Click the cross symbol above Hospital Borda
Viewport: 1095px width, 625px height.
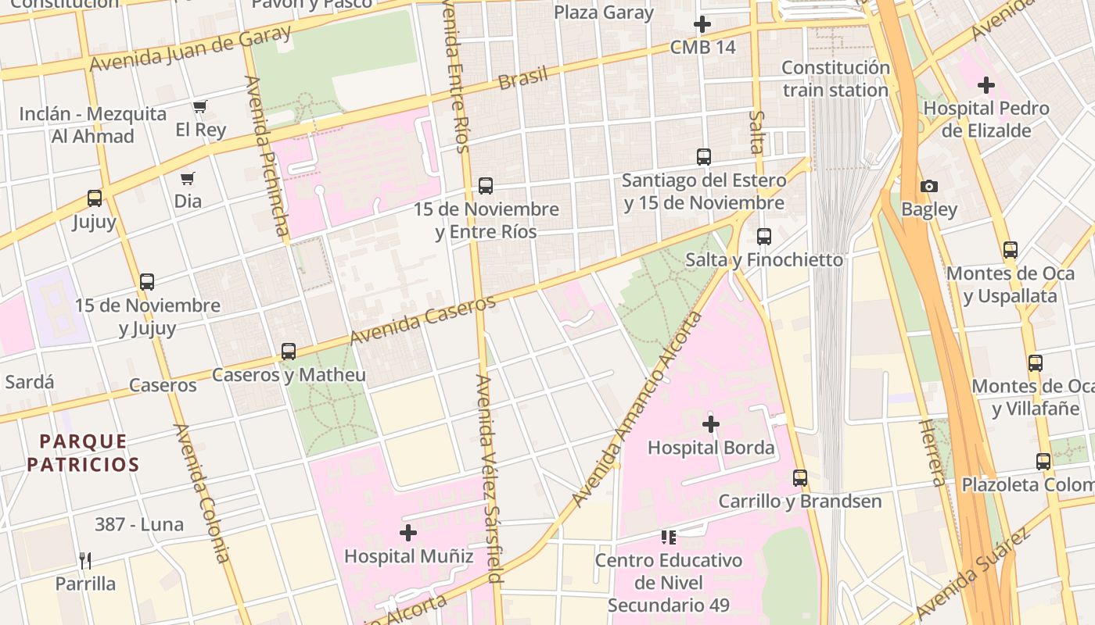710,424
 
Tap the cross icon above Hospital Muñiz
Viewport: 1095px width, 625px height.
407,533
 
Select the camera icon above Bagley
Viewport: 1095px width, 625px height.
928,186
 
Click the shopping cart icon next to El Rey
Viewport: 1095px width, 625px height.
200,106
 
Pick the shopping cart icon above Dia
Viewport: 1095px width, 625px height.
187,178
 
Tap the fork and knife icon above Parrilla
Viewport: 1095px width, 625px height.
85,560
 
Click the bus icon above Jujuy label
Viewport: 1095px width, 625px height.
95,198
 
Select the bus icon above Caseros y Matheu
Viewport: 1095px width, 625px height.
289,352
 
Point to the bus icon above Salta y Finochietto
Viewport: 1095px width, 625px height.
764,236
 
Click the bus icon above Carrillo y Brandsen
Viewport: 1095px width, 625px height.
799,477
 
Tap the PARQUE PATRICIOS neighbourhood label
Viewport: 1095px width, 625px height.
83,453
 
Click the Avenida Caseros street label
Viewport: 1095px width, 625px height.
422,320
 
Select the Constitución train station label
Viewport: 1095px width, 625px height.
835,79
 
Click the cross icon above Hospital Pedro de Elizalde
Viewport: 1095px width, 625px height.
985,84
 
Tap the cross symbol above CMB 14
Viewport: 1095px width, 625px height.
702,24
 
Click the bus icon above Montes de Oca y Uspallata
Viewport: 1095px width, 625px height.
1010,250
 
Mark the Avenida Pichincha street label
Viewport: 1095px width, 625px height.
268,156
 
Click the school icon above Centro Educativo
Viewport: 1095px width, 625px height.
668,537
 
